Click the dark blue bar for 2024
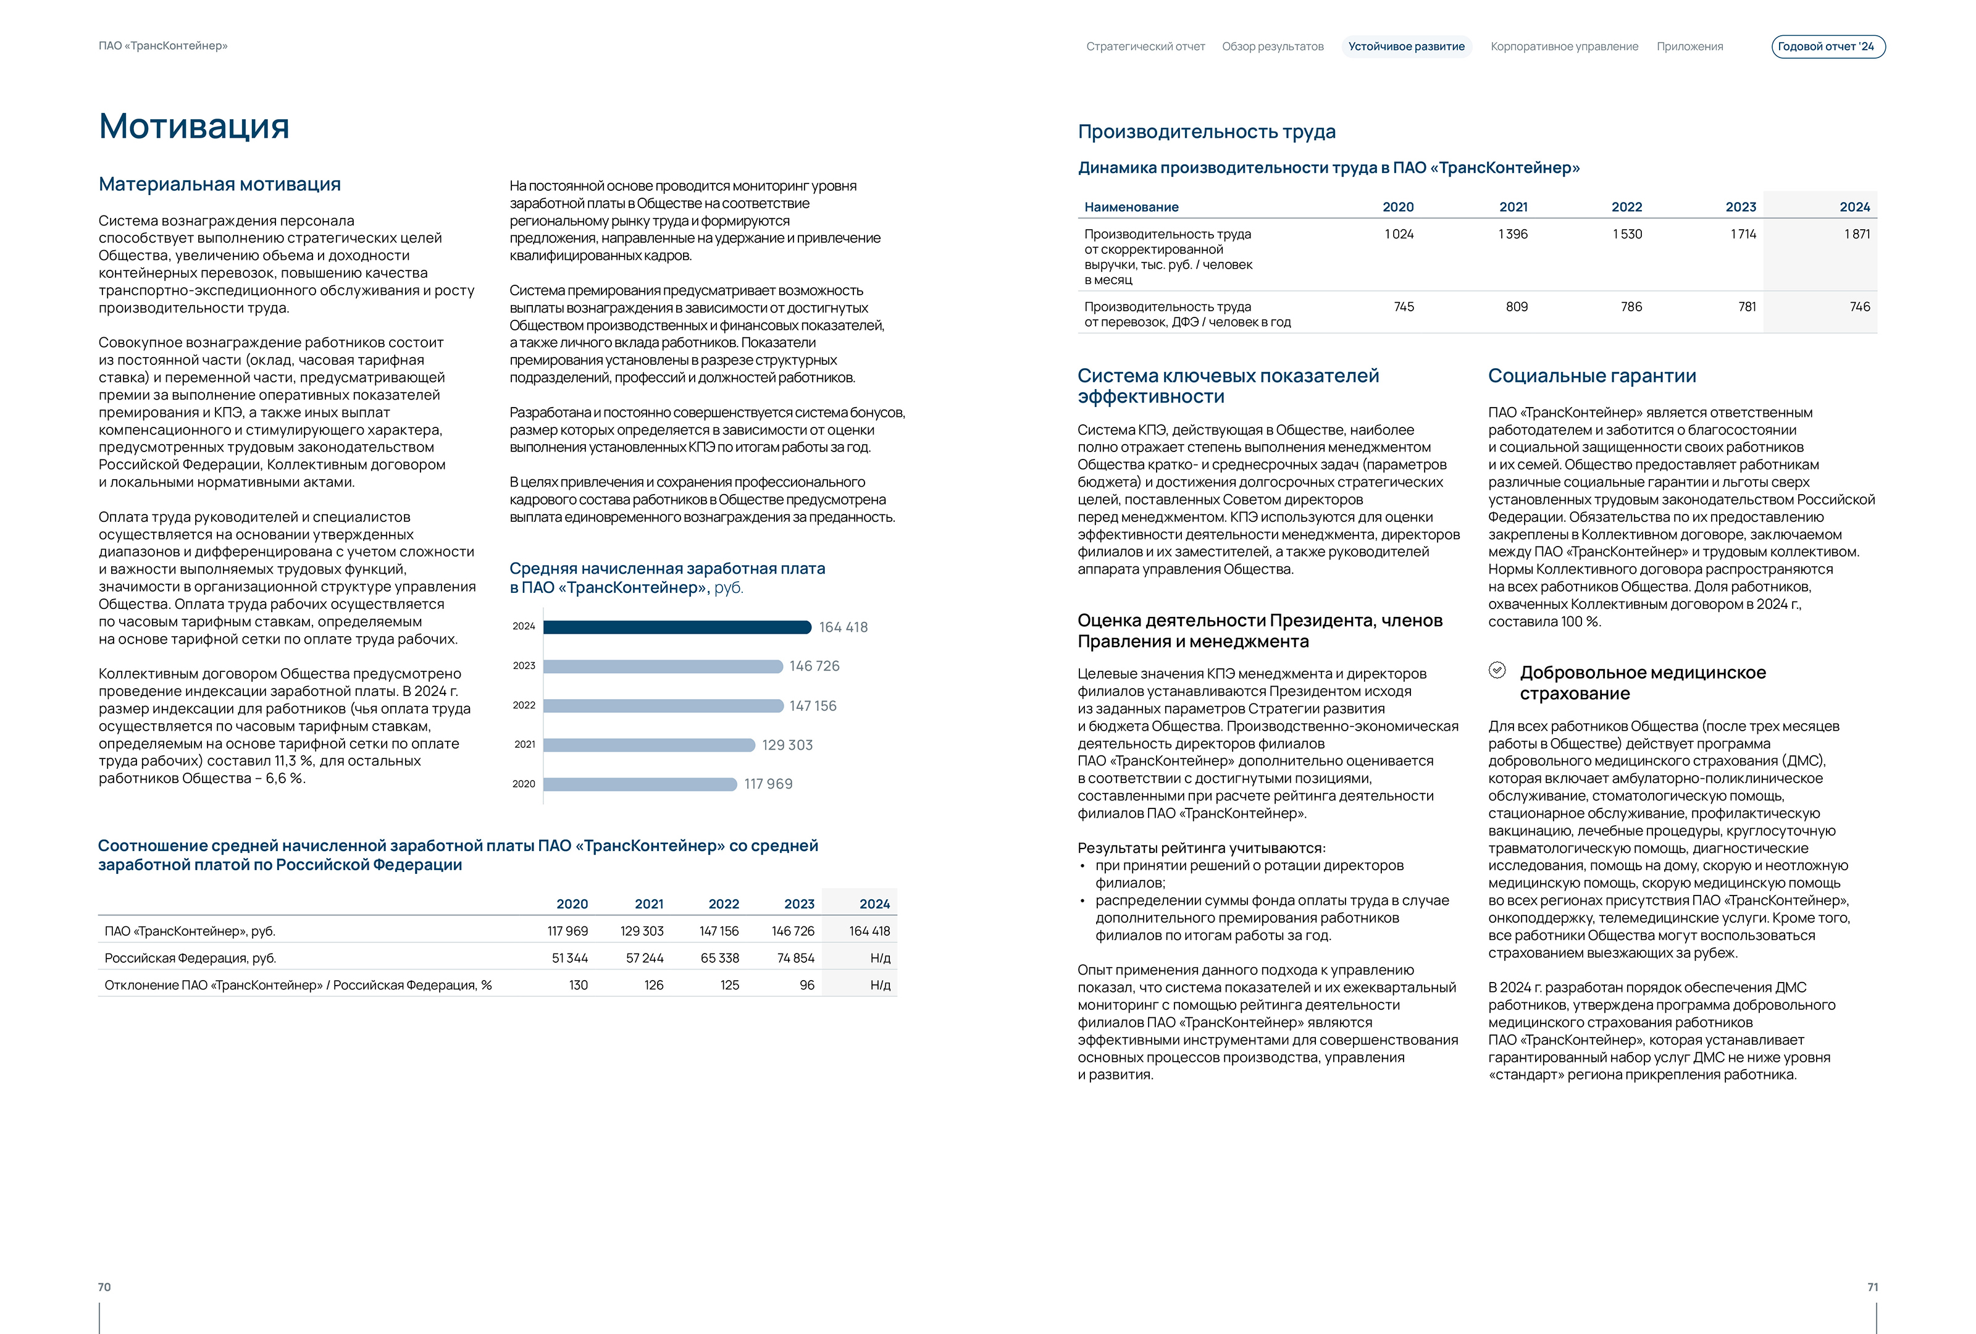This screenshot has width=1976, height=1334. [677, 627]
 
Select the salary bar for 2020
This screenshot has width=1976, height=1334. [639, 784]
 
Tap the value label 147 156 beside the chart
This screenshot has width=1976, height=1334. [812, 706]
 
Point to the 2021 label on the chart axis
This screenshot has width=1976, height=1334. [525, 745]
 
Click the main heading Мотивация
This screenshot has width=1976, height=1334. [194, 126]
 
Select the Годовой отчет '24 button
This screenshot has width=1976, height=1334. [1827, 47]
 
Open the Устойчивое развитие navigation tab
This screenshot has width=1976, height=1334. [1405, 47]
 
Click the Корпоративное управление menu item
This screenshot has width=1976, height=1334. [1564, 47]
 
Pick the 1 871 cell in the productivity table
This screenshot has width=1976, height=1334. [1856, 234]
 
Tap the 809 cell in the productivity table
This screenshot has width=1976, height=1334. [1516, 307]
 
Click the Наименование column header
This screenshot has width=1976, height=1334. [1131, 207]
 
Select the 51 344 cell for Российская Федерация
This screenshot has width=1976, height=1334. [570, 959]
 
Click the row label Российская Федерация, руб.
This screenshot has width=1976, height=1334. [190, 959]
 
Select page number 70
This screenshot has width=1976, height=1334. [104, 1287]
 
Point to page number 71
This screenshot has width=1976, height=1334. [1872, 1287]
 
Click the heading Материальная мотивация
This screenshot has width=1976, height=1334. [219, 185]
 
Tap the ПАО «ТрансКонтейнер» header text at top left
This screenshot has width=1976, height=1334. [163, 46]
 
